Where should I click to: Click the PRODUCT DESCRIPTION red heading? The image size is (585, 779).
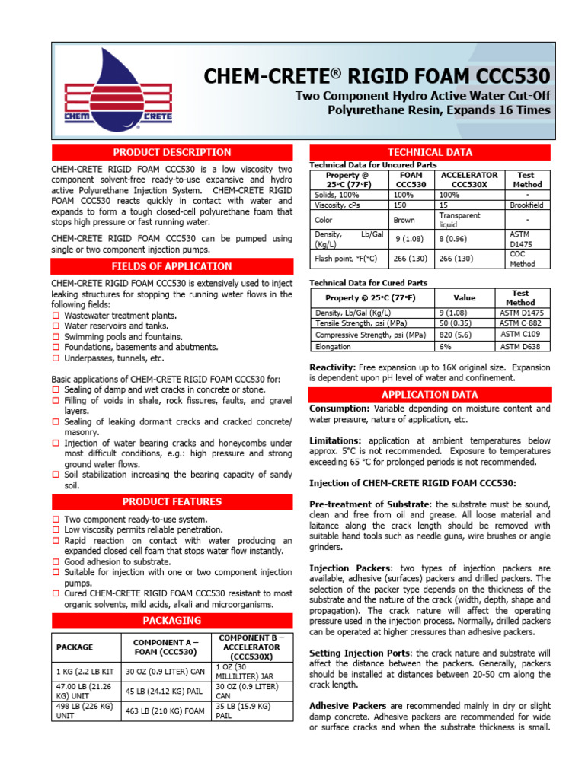click(x=172, y=152)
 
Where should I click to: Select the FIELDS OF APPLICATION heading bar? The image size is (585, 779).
click(x=172, y=266)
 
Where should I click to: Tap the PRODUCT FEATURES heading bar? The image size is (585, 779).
click(x=172, y=501)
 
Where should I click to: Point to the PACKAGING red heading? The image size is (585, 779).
click(x=172, y=620)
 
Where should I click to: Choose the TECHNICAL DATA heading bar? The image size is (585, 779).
click(x=430, y=152)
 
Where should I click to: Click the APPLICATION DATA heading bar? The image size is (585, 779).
click(x=430, y=394)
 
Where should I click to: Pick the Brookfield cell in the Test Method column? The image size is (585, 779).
click(x=527, y=205)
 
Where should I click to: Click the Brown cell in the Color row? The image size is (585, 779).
click(x=404, y=220)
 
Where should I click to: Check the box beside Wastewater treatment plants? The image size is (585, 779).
click(x=56, y=316)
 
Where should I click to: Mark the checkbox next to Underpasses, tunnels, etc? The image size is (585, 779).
click(x=56, y=358)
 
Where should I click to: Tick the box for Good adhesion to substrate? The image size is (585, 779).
click(x=56, y=562)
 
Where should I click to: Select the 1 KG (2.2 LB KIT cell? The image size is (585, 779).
click(x=84, y=671)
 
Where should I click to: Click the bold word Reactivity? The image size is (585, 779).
click(x=332, y=367)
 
